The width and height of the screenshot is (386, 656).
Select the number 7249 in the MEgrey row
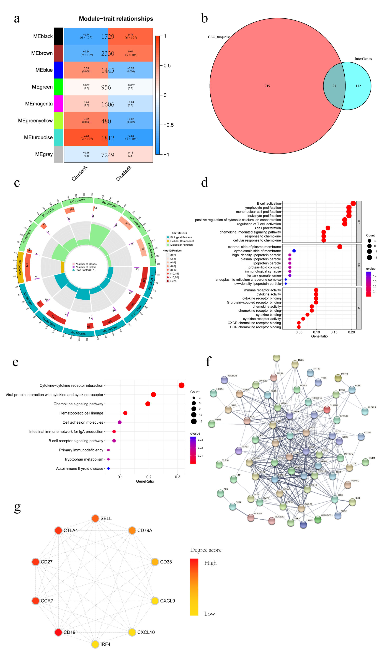tap(108, 155)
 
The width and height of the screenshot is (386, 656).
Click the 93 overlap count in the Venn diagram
tap(334, 86)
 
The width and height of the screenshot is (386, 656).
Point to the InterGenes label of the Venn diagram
tap(363, 59)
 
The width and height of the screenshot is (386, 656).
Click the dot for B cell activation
tap(353, 203)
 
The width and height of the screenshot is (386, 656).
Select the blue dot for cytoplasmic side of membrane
tap(294, 251)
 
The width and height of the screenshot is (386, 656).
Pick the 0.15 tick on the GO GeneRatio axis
tap(334, 332)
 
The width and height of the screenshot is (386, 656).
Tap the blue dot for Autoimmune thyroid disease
tap(108, 469)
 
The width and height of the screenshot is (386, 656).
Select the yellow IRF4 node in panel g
tap(95, 644)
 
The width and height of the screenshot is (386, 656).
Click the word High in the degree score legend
tap(210, 563)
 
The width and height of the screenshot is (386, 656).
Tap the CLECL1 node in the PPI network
tap(365, 411)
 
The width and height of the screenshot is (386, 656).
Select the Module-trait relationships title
tap(116, 19)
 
